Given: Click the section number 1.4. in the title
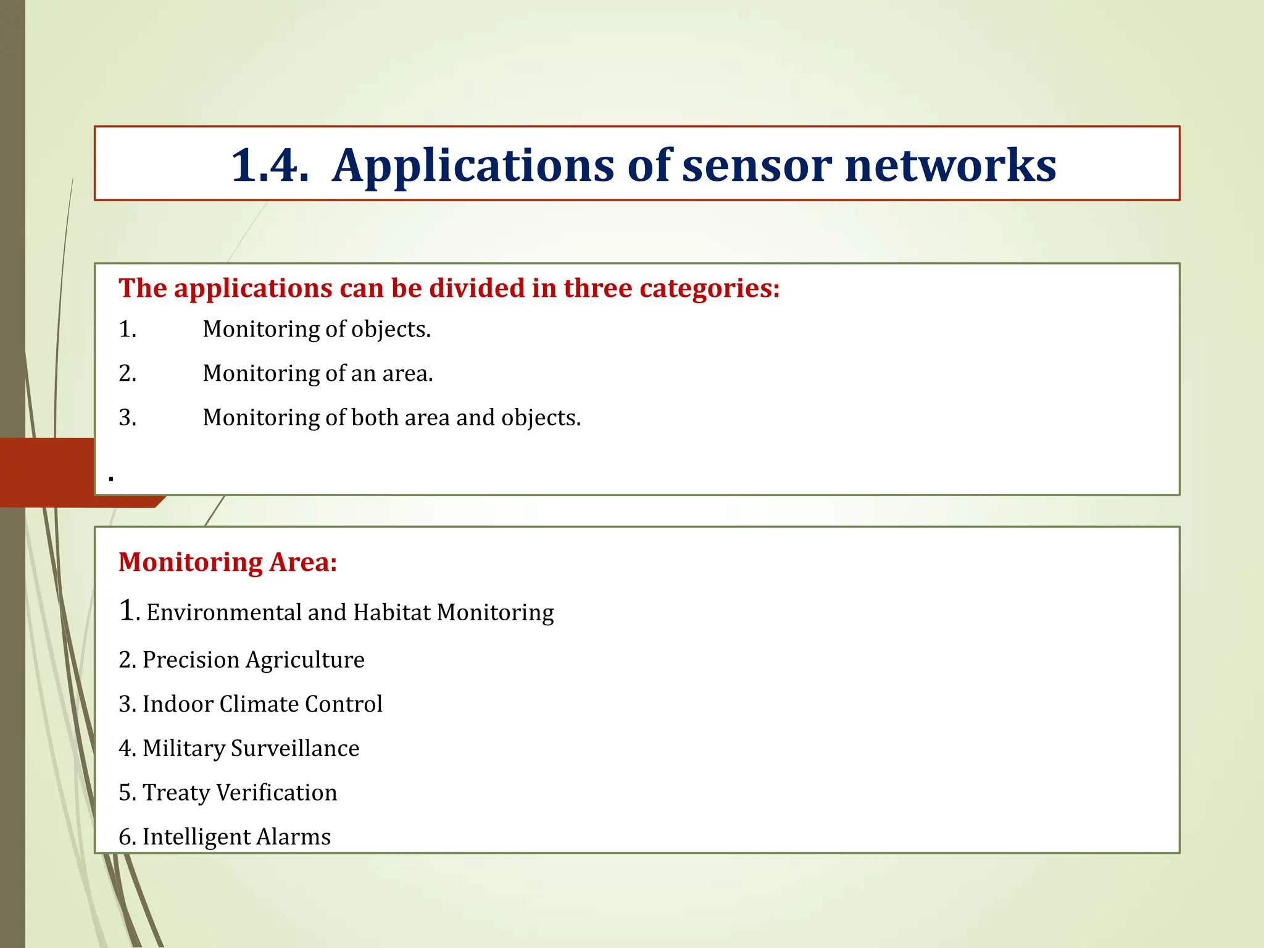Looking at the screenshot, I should (270, 165).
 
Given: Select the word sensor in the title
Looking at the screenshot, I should (757, 165).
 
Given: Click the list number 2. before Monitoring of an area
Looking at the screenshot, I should (128, 373).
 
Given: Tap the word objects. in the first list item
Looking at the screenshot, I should (391, 330).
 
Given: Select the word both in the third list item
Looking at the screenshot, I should (375, 418).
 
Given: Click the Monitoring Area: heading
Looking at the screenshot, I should (228, 562).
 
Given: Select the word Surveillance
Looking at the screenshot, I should (295, 749).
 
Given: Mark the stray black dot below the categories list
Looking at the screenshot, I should (111, 478).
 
